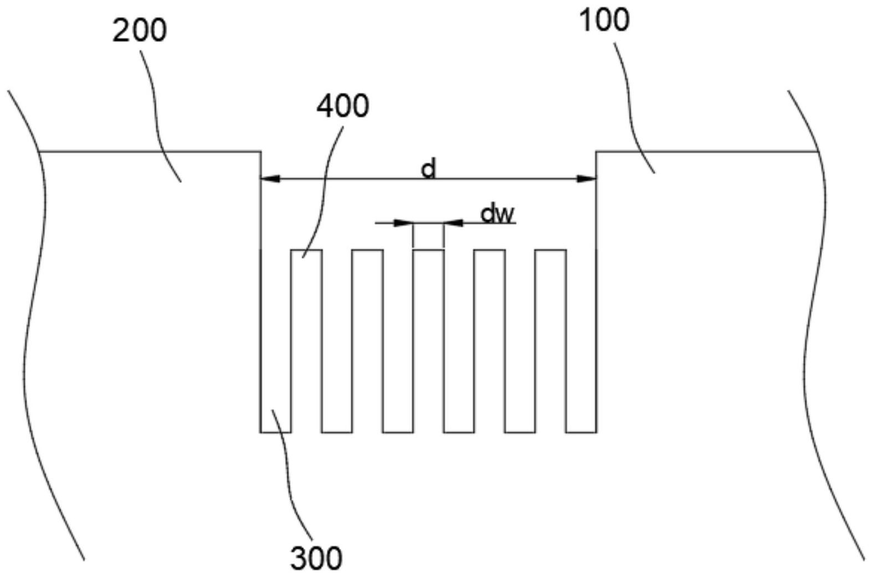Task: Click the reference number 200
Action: pos(140,31)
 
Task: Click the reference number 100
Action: pos(604,20)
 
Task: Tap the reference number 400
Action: pos(342,106)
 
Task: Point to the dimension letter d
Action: pos(428,169)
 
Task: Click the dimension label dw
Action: pos(497,214)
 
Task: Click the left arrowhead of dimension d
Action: pos(270,179)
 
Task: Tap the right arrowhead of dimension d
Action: pos(587,179)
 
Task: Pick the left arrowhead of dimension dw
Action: pos(403,223)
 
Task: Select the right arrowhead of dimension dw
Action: pos(453,223)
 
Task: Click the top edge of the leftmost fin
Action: pos(306,250)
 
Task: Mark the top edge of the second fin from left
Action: pos(367,250)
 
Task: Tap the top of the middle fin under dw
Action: pos(428,250)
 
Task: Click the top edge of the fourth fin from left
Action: pos(490,250)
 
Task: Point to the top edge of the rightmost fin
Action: pos(550,250)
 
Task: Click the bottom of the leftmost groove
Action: pos(275,432)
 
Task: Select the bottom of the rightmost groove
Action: pos(581,432)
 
